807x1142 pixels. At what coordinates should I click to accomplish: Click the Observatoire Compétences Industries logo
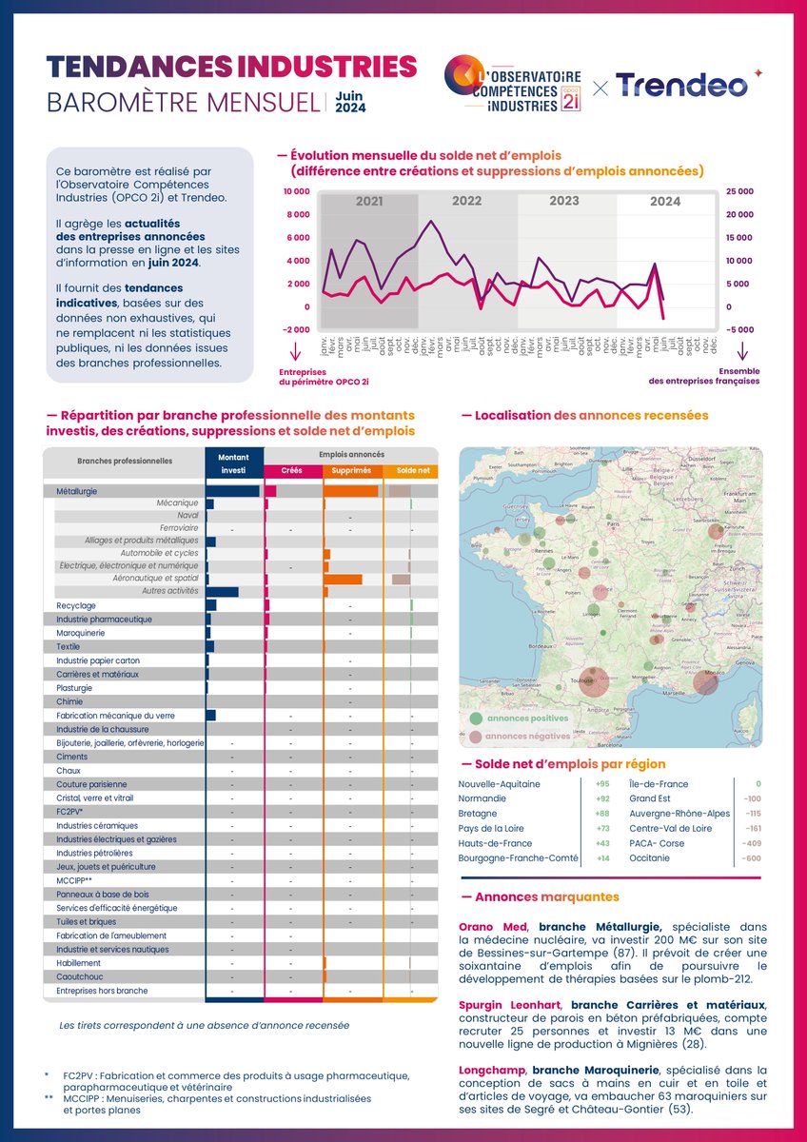click(x=519, y=87)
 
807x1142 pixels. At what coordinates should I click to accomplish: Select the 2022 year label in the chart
click(x=466, y=202)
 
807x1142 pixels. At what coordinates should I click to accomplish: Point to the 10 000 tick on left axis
click(x=296, y=191)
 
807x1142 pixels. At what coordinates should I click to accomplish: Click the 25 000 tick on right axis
click(x=740, y=191)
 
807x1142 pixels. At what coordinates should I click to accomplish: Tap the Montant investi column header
click(x=233, y=463)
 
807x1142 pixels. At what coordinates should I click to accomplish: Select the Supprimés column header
click(x=352, y=471)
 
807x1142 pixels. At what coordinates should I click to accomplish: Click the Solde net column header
click(x=412, y=471)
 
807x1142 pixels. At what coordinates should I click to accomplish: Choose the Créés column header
click(x=292, y=471)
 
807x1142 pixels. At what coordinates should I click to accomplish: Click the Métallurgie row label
click(x=77, y=491)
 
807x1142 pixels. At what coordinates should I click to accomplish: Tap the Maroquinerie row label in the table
click(x=81, y=633)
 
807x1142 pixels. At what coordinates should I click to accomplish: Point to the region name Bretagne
click(x=478, y=814)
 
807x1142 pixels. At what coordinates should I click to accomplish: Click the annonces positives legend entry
click(x=526, y=719)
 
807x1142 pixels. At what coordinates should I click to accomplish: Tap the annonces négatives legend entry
click(x=526, y=737)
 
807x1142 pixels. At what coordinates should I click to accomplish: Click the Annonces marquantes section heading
click(x=540, y=897)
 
